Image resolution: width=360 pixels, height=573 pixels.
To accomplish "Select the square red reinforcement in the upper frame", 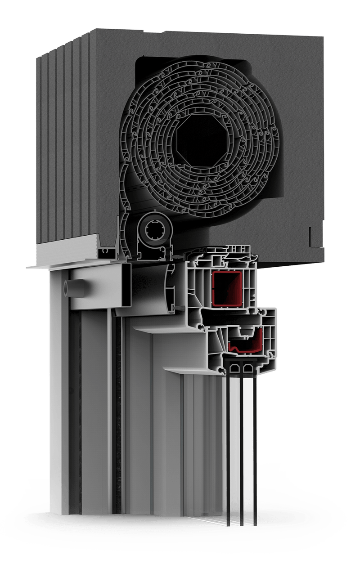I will [x=227, y=289].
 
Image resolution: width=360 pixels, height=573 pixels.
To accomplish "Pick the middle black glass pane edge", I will [x=242, y=450].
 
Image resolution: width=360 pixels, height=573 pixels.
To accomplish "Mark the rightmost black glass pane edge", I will [x=255, y=450].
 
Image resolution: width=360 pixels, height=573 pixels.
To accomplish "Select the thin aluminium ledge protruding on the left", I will [x=40, y=266].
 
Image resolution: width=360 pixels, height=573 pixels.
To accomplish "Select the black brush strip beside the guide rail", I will [x=119, y=405].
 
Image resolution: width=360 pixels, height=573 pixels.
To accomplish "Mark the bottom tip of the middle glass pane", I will [x=242, y=524].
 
